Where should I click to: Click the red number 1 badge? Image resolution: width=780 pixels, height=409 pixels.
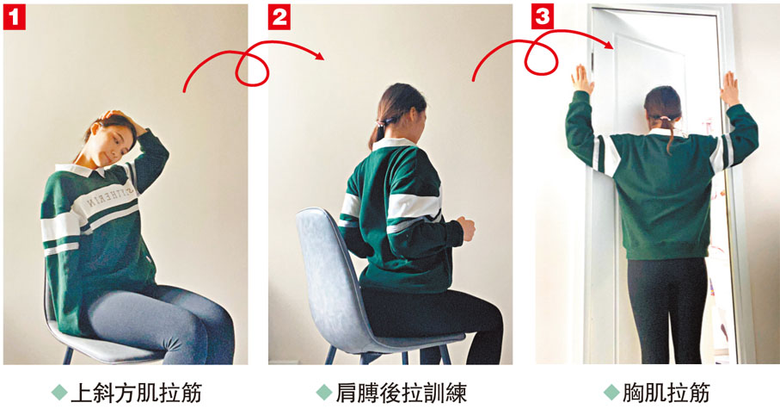point(15,18)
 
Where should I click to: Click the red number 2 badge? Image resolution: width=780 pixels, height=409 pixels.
point(279,18)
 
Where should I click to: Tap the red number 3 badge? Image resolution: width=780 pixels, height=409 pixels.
point(543,17)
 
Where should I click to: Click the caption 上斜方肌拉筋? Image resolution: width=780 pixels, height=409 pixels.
point(136,393)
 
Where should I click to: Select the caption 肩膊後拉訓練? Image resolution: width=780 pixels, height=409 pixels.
point(401,393)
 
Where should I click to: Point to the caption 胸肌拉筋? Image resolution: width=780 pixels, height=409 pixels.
point(666,393)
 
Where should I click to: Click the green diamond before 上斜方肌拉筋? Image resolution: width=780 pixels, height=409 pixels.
point(59,393)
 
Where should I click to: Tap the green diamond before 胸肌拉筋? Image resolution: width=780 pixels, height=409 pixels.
point(611,393)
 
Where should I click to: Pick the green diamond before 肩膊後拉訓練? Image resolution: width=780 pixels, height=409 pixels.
point(324,393)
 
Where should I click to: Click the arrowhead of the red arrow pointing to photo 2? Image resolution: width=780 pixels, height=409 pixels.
point(319,55)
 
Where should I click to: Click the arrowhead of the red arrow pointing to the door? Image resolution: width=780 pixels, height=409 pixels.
point(608,44)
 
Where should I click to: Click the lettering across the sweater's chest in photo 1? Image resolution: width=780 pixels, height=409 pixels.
point(110,197)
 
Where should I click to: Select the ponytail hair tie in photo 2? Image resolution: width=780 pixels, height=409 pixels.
point(383,122)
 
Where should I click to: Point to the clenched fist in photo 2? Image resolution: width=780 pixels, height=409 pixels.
point(466,229)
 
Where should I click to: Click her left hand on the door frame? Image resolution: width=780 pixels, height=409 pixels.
point(581,79)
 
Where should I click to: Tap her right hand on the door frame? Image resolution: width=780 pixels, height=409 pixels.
point(729,89)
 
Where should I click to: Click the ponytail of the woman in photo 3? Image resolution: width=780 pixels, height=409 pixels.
point(668,131)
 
